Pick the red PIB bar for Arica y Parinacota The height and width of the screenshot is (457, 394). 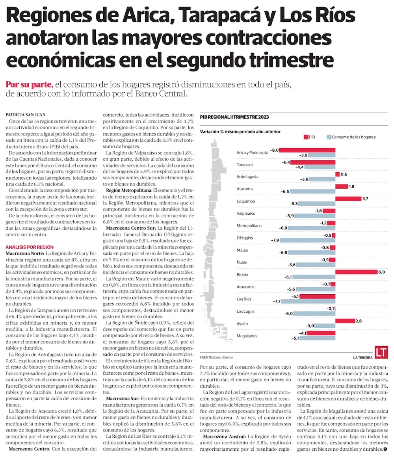307,150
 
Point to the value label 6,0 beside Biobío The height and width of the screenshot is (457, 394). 381,272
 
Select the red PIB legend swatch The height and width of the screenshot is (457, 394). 306,137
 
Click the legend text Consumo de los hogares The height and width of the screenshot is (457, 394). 353,137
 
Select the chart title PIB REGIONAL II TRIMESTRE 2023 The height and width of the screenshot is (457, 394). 235,117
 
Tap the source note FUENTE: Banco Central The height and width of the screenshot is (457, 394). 217,357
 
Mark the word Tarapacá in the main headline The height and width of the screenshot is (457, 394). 217,17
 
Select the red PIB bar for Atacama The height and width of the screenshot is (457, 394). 341,186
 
